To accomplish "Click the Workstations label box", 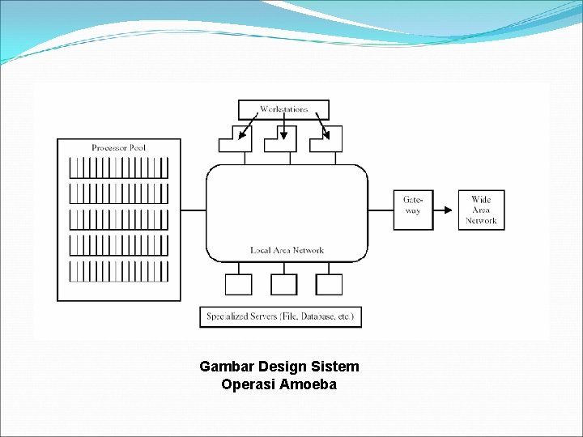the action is point(283,109).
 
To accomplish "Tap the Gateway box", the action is point(413,210).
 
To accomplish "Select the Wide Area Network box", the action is point(481,210).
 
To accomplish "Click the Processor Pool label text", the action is point(118,147).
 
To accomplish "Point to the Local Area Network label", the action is point(287,250).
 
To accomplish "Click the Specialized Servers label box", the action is point(280,316).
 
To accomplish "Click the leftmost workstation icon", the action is point(236,140).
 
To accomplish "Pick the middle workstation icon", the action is point(280,140).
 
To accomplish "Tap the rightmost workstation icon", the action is point(326,140).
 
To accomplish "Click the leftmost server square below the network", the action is point(238,284).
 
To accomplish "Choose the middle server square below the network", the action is point(283,284).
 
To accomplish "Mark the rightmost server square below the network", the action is point(329,284).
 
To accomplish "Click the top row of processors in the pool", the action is point(118,168).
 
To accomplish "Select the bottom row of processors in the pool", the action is point(118,271).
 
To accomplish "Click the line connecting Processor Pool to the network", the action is point(193,210).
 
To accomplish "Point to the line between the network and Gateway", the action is point(381,210).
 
